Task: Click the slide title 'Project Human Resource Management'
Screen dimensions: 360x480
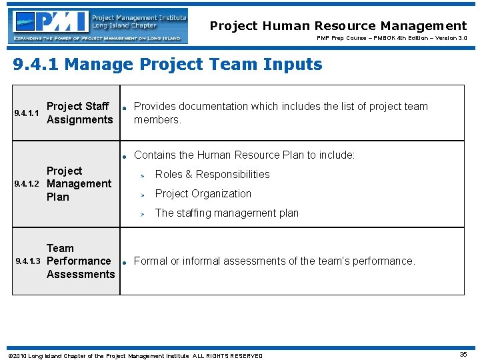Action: pyautogui.click(x=338, y=26)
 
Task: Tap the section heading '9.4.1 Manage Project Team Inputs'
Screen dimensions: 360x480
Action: pyautogui.click(x=168, y=65)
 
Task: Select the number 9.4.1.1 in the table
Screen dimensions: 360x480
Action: pyautogui.click(x=28, y=113)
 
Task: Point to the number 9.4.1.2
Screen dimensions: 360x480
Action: pyautogui.click(x=29, y=184)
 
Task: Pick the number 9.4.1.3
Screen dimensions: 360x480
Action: pyautogui.click(x=29, y=261)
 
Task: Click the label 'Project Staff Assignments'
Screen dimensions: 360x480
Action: pyautogui.click(x=79, y=113)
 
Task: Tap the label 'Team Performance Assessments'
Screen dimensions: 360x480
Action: pyautogui.click(x=80, y=261)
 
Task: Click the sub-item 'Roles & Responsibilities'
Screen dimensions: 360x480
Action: pyautogui.click(x=212, y=175)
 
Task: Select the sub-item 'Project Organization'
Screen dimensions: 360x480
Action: pyautogui.click(x=203, y=194)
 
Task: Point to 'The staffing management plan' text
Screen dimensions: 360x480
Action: pyautogui.click(x=227, y=213)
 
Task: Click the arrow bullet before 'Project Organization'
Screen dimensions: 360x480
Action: pyautogui.click(x=141, y=195)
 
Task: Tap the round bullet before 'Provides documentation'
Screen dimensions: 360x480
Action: pyautogui.click(x=124, y=107)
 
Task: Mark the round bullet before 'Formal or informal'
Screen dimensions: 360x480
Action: pyautogui.click(x=124, y=261)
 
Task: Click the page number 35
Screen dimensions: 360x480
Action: pyautogui.click(x=463, y=355)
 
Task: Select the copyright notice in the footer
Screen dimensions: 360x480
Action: pyautogui.click(x=134, y=356)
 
